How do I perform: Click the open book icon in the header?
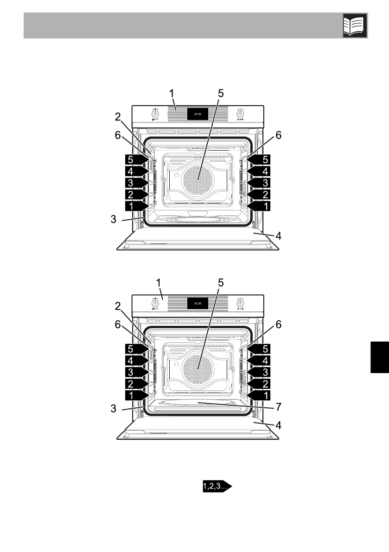coord(355,25)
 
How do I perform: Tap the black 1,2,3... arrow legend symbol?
coord(217,486)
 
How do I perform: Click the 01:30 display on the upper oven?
coord(198,114)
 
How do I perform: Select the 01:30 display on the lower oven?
coord(198,304)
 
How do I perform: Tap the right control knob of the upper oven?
coord(240,114)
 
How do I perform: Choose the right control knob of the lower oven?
coord(240,304)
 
